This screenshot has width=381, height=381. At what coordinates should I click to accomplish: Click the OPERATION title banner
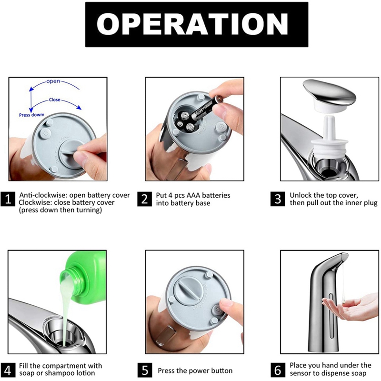(190, 24)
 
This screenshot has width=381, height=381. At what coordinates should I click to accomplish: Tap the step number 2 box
(144, 198)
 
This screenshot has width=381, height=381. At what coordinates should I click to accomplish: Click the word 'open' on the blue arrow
(53, 81)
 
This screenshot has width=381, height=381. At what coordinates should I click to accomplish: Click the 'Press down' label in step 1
(31, 115)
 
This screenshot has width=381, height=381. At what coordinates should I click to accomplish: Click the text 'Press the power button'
(195, 370)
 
